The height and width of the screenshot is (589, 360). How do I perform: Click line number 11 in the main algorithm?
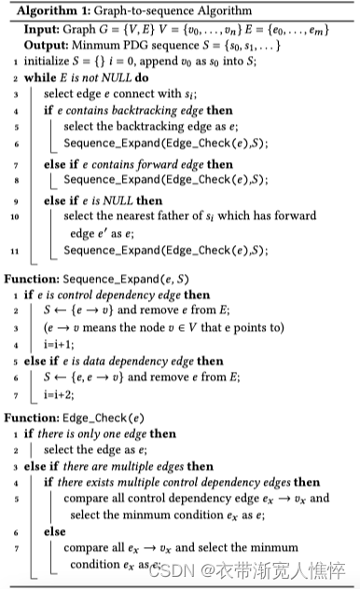[x=12, y=251]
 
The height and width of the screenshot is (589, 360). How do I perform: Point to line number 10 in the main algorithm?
[x=12, y=217]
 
